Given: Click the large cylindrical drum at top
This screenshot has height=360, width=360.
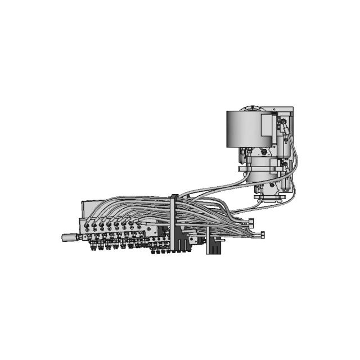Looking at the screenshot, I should click(x=243, y=129).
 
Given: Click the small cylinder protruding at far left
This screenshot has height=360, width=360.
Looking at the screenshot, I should click(x=70, y=237).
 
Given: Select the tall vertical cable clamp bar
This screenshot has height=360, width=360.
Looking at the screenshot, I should click(x=174, y=225).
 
